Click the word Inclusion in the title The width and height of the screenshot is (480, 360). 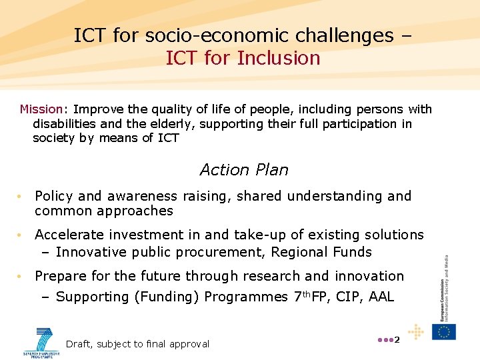point(279,58)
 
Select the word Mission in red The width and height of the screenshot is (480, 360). point(41,109)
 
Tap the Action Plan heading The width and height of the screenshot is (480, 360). point(244,170)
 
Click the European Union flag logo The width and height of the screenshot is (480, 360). point(444,331)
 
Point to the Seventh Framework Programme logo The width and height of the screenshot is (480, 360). point(42,341)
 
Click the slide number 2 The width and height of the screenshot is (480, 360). point(397,340)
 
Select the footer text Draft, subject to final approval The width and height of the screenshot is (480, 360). point(137,344)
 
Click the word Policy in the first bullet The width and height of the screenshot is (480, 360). point(53,196)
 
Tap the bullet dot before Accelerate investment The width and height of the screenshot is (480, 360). point(21,235)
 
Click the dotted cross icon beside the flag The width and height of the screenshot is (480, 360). point(416,331)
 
